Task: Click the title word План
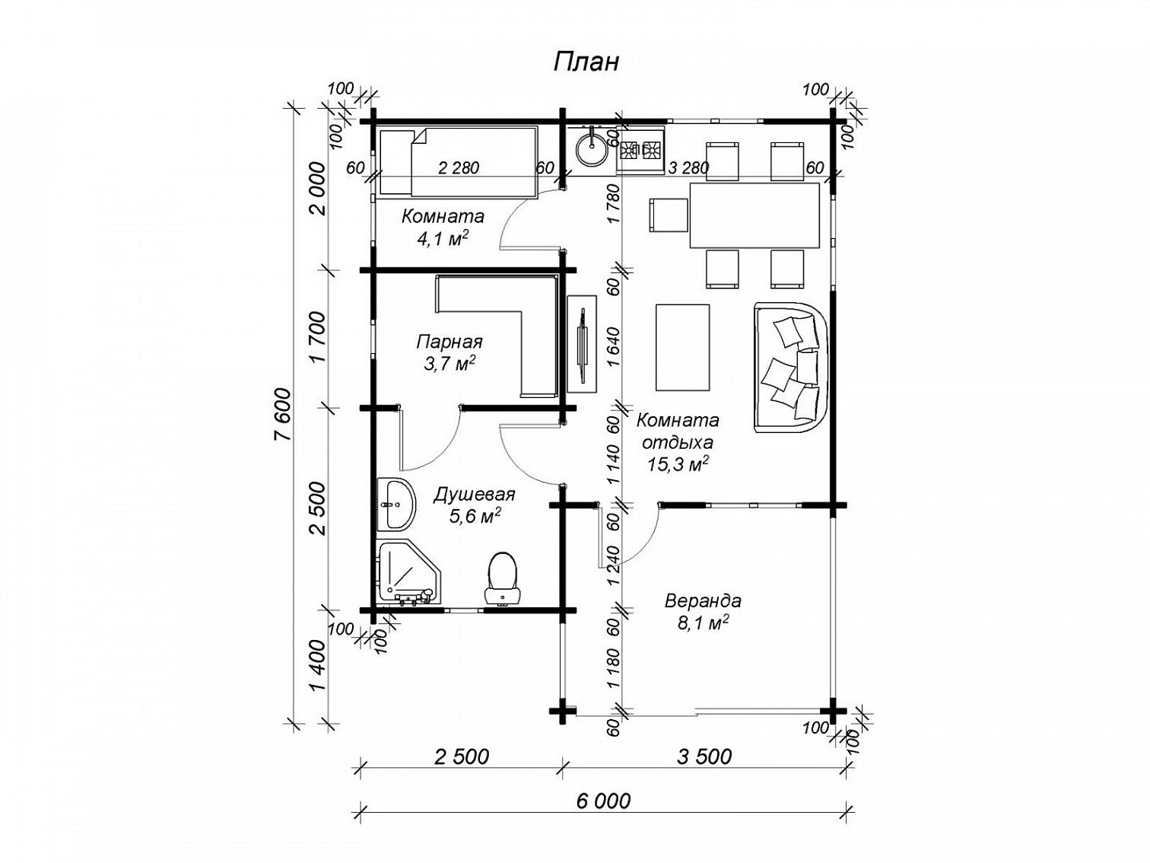586,62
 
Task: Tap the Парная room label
449,342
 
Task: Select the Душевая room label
474,494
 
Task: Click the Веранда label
703,600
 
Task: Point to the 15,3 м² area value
678,464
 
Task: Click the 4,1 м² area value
442,239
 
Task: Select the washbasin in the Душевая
396,503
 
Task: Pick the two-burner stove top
641,151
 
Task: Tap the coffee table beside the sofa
683,347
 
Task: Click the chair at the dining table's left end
669,215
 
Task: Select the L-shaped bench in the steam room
500,336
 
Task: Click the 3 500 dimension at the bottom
704,756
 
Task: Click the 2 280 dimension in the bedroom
459,167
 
